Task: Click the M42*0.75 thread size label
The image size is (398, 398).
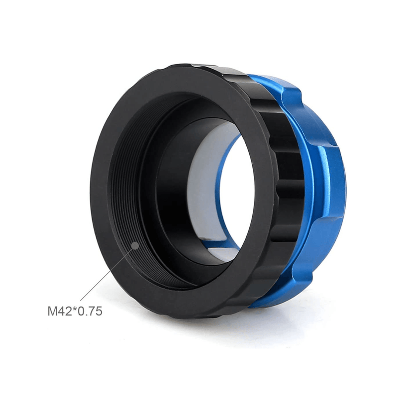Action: [x=74, y=312]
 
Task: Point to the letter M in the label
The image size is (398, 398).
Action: [x=52, y=312]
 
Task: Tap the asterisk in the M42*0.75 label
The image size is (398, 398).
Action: [x=73, y=309]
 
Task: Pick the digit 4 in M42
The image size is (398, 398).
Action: [x=61, y=312]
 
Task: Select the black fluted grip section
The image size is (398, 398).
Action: [x=279, y=149]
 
